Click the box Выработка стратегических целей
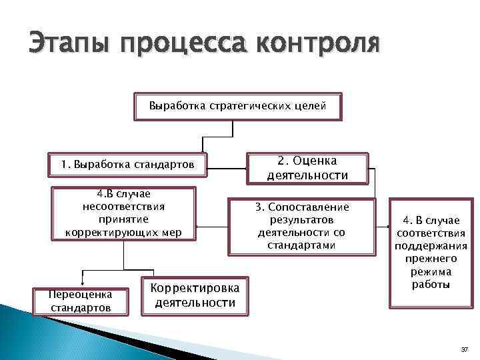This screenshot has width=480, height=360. coord(237,106)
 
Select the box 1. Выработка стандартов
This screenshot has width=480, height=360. coord(128,164)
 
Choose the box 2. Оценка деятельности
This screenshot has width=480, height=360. coord(307,168)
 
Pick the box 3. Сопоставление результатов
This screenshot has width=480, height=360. coord(302,227)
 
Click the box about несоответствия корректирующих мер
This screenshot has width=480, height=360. coord(123,213)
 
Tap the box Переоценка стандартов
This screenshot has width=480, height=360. coord(81,300)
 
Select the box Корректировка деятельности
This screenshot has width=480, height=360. coord(195,295)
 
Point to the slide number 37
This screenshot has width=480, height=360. coord(464,349)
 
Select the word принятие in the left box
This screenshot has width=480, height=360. coord(123,219)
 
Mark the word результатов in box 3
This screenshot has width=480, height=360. coord(302,219)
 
